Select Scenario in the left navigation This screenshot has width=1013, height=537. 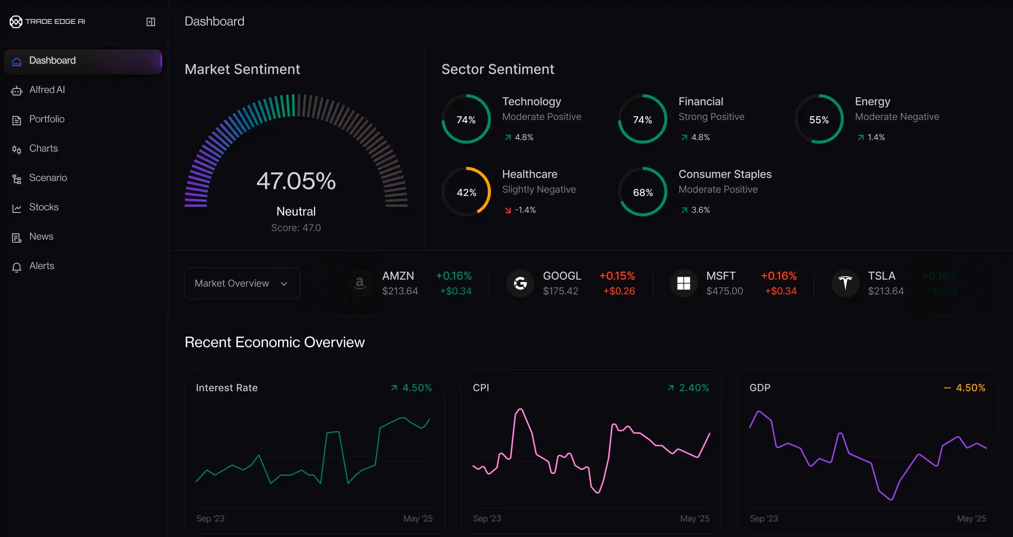coord(48,178)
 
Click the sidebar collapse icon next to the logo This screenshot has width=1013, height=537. coord(151,22)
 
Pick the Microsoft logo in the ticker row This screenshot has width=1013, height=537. coord(684,283)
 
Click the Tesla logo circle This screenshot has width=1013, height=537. coord(845,283)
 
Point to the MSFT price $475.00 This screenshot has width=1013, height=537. coord(724,291)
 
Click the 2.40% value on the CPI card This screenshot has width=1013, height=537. coord(694,388)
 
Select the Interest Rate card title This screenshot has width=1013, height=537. coord(227,388)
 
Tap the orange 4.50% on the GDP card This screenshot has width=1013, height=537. coord(970,388)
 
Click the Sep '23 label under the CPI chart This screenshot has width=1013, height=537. coord(487,518)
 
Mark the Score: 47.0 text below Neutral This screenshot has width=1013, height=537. coord(296,228)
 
